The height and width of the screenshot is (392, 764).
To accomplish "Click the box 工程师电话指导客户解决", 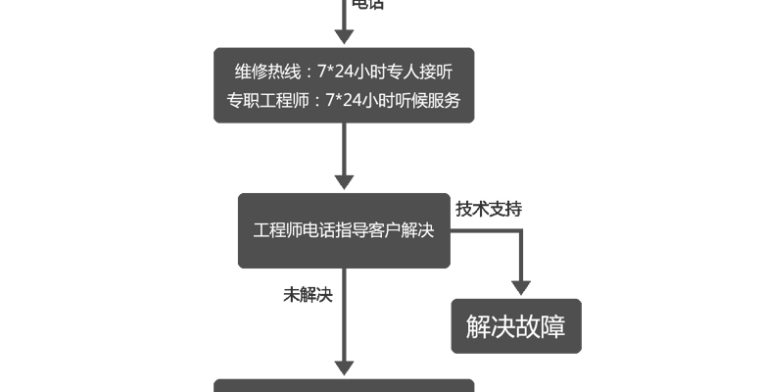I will coord(344,230).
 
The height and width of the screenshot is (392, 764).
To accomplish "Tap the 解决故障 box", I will coord(515,326).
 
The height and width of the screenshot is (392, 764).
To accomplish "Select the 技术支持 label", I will coord(489,208).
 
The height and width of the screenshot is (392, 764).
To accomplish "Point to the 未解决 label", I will coord(308,294).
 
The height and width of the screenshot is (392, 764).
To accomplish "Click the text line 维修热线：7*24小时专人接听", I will coord(343,72).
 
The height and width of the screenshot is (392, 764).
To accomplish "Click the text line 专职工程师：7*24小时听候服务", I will coord(343,99).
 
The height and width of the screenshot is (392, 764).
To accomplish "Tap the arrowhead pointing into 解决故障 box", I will coord(521,287).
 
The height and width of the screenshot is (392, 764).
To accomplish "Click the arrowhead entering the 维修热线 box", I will coord(344,36).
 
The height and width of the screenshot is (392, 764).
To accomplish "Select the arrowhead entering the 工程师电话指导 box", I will coord(344,181).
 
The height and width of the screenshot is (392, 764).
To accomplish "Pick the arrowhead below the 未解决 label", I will coord(344,367).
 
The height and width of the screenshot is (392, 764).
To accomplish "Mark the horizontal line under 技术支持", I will coord(485,231).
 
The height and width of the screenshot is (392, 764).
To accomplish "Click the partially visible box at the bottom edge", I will coord(344,385).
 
